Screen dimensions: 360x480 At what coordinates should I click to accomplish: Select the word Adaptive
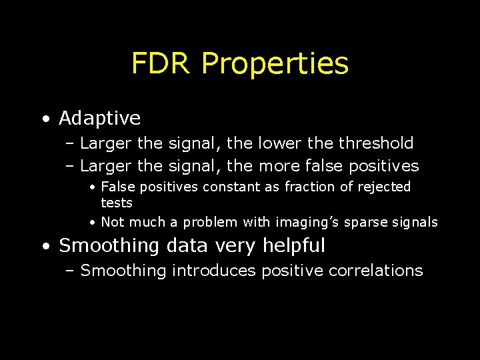tap(99, 119)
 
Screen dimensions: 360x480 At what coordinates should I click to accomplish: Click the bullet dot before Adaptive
tap(45, 120)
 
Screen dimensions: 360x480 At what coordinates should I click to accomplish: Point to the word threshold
tap(376, 143)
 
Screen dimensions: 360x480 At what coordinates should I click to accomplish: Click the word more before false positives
tap(277, 165)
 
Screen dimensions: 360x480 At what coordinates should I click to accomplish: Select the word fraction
tap(309, 187)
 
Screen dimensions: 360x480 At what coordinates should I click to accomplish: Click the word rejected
tap(384, 187)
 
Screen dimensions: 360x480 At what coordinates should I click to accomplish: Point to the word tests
tap(117, 203)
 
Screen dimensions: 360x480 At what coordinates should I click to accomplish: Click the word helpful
tap(293, 245)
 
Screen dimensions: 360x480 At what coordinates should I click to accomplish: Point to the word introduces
tap(213, 270)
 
